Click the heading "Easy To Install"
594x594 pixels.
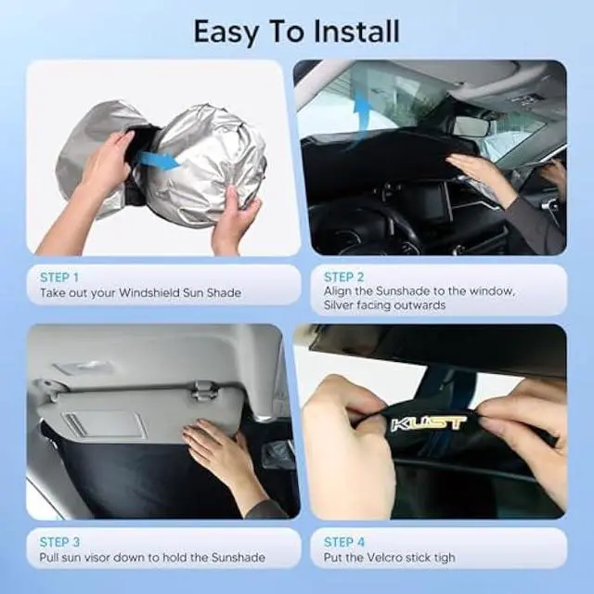(x=296, y=31)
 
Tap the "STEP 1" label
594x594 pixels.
(x=59, y=277)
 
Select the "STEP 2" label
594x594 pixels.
(x=343, y=277)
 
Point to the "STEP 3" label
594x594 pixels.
(x=59, y=541)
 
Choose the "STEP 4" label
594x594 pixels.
(x=343, y=541)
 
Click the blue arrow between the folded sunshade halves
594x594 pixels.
(x=159, y=160)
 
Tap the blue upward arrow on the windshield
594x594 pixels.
(x=361, y=116)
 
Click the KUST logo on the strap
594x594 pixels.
(x=428, y=423)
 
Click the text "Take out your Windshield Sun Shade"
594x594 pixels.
(x=140, y=292)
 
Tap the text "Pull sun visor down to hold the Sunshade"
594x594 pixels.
(x=152, y=557)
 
